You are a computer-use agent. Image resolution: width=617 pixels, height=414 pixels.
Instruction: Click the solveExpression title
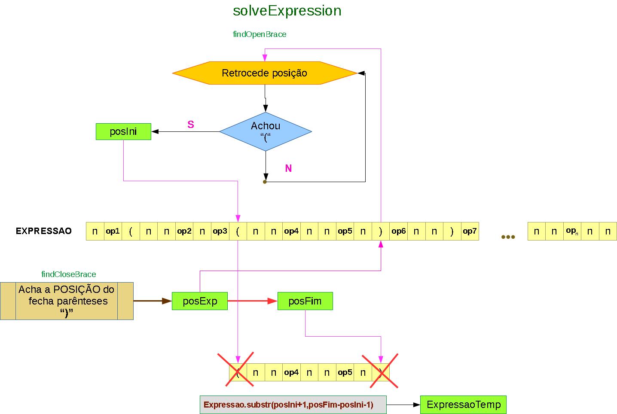click(287, 11)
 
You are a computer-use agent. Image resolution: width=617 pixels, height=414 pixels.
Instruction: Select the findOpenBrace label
click(260, 34)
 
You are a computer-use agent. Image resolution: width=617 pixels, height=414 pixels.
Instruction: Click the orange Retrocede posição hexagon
click(265, 73)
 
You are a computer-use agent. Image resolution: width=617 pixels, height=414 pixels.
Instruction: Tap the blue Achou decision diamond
click(266, 131)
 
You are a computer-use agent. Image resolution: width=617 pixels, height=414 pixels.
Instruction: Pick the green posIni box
click(123, 131)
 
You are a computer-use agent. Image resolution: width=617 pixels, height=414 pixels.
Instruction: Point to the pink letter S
click(191, 125)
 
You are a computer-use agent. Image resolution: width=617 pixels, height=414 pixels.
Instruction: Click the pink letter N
click(288, 168)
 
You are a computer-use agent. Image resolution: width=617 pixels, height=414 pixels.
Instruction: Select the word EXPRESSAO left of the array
click(44, 231)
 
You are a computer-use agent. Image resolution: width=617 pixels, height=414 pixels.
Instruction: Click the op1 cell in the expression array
click(113, 231)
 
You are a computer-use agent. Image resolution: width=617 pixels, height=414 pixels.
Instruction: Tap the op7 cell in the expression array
click(470, 231)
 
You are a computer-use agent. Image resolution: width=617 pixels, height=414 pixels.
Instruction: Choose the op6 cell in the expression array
click(398, 231)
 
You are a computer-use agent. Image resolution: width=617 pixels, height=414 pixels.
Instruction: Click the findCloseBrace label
click(69, 274)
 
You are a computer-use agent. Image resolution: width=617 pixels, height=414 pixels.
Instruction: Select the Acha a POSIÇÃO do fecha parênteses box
click(67, 301)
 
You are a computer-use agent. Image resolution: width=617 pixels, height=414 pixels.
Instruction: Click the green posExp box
click(200, 301)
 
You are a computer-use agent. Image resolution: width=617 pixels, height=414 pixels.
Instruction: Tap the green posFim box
click(305, 301)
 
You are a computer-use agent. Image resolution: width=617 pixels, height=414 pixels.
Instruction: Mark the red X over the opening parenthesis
click(235, 369)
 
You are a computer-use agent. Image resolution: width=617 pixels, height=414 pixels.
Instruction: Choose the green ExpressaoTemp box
click(464, 405)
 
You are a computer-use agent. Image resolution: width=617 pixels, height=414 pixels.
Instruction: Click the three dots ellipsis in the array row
click(508, 237)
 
